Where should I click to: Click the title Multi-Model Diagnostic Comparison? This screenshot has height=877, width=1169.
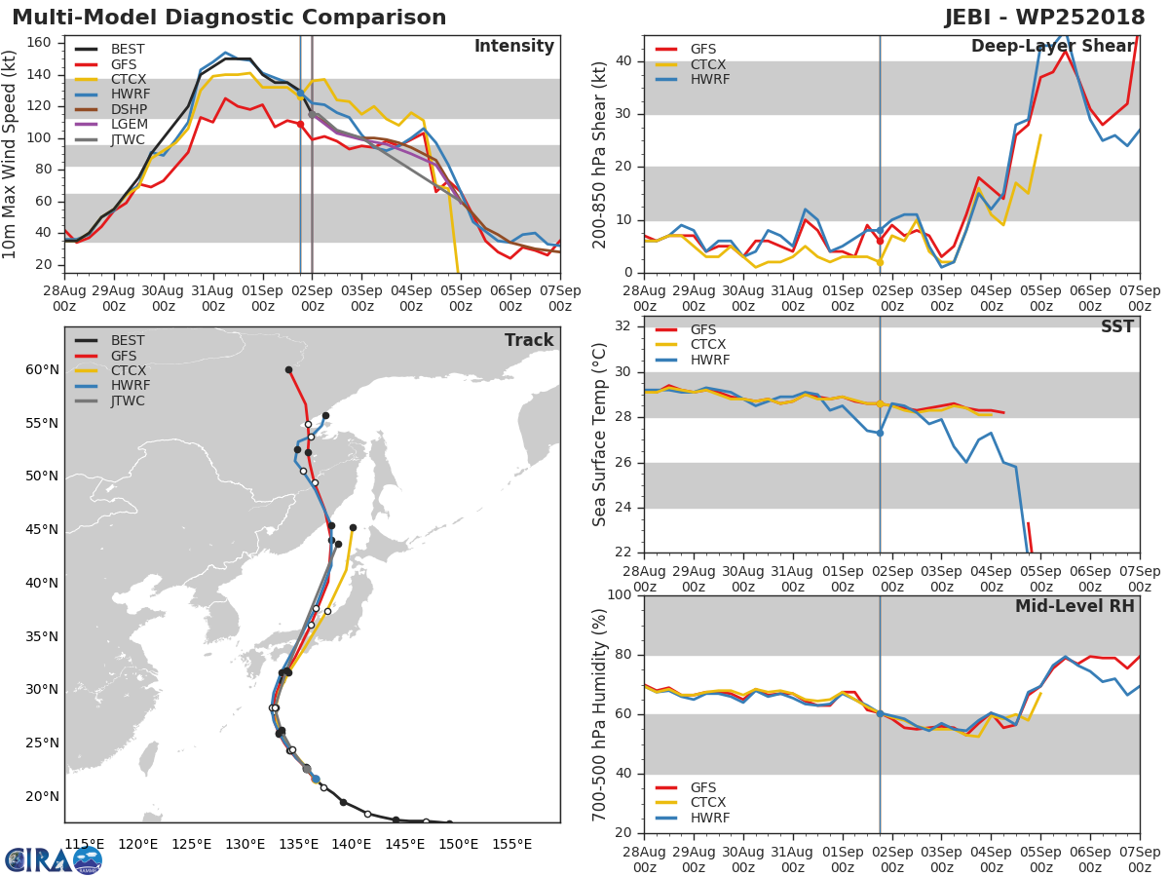pyautogui.click(x=229, y=18)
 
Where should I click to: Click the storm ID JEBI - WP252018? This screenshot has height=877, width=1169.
pyautogui.click(x=1044, y=18)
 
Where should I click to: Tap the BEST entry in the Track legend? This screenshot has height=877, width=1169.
pyautogui.click(x=127, y=341)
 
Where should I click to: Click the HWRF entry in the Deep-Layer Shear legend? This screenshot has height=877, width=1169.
pyautogui.click(x=709, y=79)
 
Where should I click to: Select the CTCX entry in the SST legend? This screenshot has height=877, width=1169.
pyautogui.click(x=707, y=344)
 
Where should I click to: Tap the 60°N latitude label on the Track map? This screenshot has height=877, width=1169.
pyautogui.click(x=42, y=369)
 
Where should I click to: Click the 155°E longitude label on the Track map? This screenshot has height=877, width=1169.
pyautogui.click(x=512, y=844)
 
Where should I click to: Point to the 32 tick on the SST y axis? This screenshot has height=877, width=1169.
pyautogui.click(x=622, y=326)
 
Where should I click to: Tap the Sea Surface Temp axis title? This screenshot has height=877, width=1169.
pyautogui.click(x=600, y=433)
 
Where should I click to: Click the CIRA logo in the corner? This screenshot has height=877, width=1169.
pyautogui.click(x=53, y=859)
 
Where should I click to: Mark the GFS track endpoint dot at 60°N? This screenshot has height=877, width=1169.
pyautogui.click(x=288, y=370)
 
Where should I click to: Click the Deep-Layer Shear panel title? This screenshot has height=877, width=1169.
pyautogui.click(x=1052, y=48)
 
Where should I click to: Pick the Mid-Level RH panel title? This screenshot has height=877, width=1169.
pyautogui.click(x=1075, y=606)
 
